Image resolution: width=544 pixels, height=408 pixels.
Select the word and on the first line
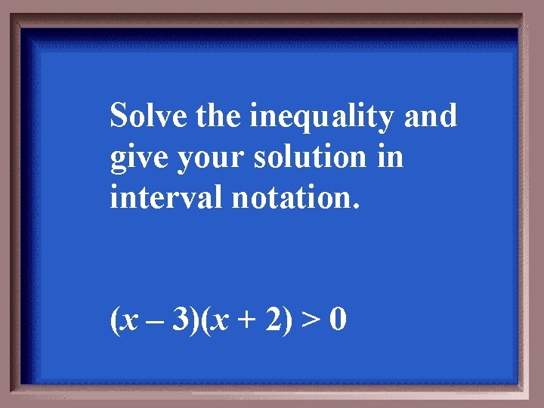coord(431,117)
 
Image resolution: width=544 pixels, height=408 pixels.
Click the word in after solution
coord(390,158)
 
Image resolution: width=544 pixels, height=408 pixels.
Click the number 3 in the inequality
coord(181,320)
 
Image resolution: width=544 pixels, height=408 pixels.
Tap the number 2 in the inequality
coord(269,320)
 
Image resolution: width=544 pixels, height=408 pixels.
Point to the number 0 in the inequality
coord(338,320)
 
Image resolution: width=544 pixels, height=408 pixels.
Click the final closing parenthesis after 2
coord(284,321)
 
